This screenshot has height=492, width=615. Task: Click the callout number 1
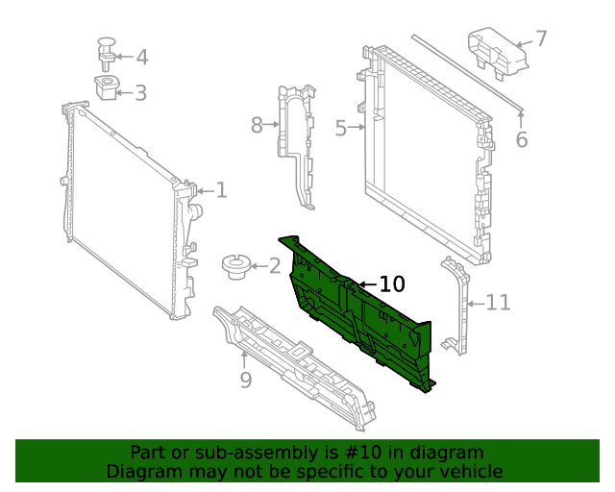221,190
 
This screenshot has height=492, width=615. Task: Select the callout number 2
275,266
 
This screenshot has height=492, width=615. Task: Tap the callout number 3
140,93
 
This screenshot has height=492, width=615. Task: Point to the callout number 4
141,58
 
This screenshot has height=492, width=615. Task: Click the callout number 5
340,128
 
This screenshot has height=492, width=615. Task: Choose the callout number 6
522,140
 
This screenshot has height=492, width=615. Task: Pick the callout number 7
541,38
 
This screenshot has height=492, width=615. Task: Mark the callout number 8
257,125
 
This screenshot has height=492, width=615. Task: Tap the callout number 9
246,381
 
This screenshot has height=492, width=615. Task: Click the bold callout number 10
392,283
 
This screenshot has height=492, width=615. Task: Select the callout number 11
498,304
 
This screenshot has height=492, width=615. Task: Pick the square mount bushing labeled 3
107,87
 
